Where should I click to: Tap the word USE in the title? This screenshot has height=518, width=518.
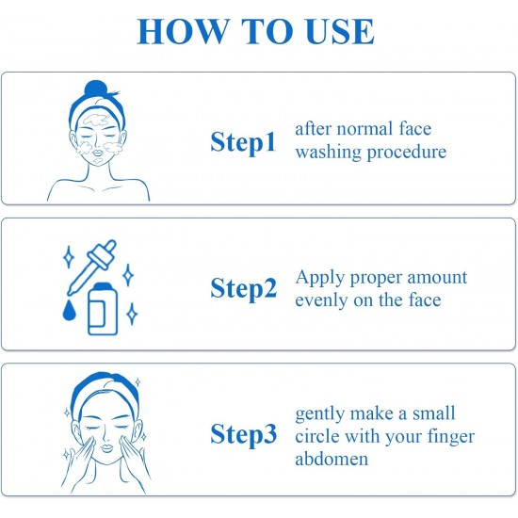click(340, 31)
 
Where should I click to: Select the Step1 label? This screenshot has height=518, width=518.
click(243, 142)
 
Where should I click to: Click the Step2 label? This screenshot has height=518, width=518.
click(244, 288)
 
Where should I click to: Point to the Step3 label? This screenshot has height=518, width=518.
click(244, 434)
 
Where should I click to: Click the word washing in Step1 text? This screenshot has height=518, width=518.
click(328, 153)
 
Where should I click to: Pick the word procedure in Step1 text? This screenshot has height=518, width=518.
click(407, 153)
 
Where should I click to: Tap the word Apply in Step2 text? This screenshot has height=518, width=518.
click(320, 278)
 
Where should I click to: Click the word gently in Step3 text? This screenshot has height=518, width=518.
click(320, 414)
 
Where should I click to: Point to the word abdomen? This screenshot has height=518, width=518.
click(332, 459)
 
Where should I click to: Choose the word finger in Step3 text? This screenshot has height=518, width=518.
click(451, 437)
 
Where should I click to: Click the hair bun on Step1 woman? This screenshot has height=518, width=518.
click(95, 89)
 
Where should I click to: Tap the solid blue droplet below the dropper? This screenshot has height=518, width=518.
click(69, 310)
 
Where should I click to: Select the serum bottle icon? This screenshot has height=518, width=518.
click(103, 309)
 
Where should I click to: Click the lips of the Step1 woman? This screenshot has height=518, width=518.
click(98, 154)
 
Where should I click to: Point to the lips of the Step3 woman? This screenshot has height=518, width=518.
click(107, 448)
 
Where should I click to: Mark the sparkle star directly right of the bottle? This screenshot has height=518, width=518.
click(133, 314)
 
